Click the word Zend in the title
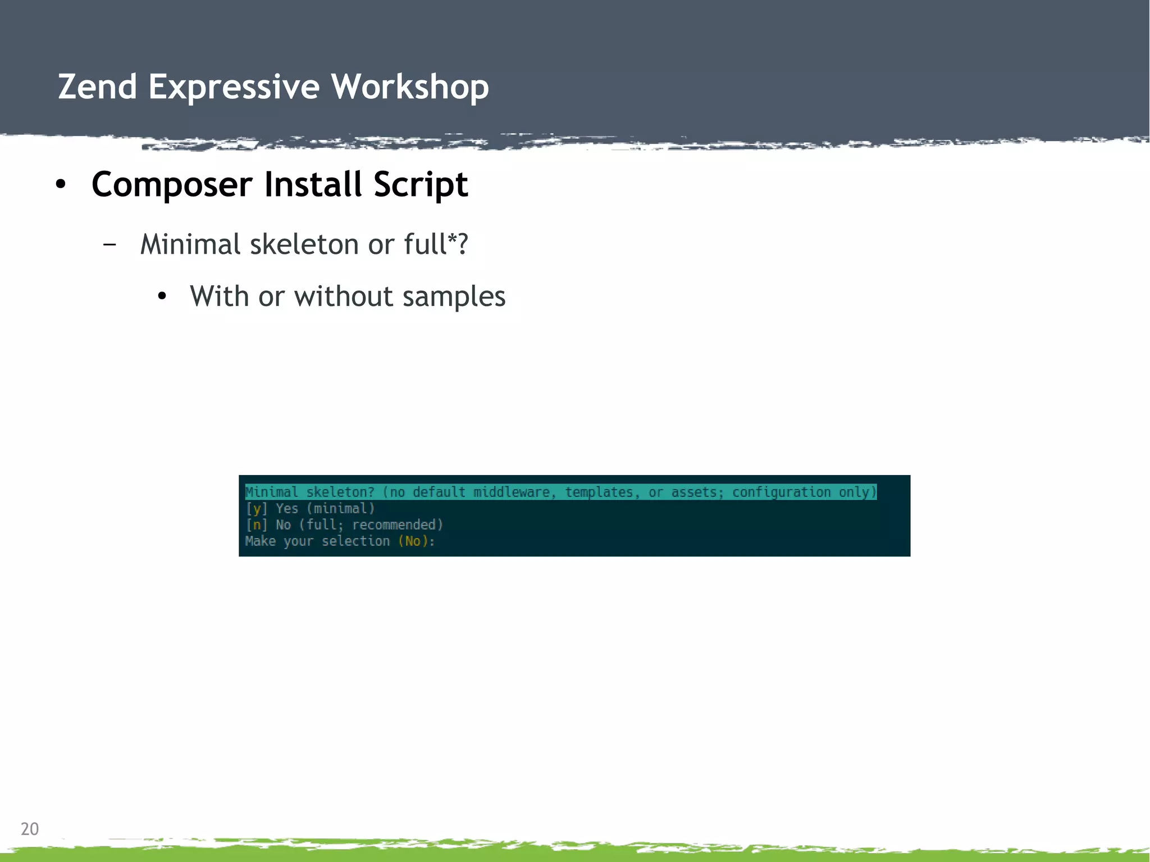point(98,87)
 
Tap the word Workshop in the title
point(409,87)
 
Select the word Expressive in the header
point(234,87)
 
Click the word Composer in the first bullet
point(172,184)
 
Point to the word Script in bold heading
point(421,184)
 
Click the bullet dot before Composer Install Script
point(61,184)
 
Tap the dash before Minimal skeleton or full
point(110,244)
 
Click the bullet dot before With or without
point(162,297)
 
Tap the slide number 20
point(30,829)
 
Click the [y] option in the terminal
point(257,509)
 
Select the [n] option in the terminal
point(257,525)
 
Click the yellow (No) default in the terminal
point(413,541)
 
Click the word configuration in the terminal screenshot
point(781,492)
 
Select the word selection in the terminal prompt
point(355,541)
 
